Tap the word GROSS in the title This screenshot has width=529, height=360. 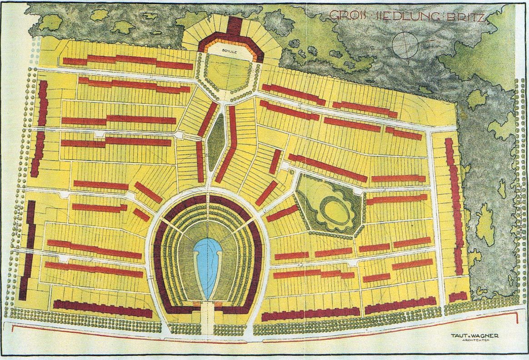(x=344, y=15)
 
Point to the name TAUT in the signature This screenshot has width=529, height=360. (x=457, y=335)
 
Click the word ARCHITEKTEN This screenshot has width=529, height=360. (x=474, y=340)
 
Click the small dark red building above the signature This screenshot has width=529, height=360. (x=458, y=297)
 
